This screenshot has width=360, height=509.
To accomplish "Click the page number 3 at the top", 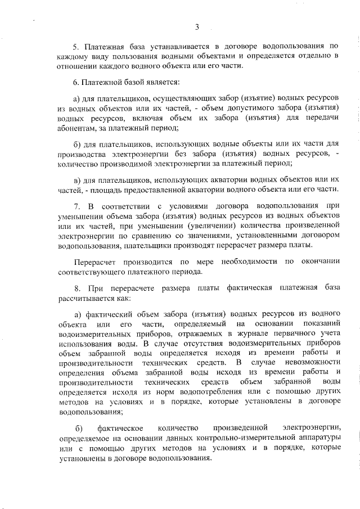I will coord(197,26).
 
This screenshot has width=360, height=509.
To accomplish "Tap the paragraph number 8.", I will coord(77,288).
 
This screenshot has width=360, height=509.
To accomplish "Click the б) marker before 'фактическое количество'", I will coord(78,431).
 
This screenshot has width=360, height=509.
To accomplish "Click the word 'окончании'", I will coord(318,262).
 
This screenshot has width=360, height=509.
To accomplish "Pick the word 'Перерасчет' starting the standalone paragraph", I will coord(94,262).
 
